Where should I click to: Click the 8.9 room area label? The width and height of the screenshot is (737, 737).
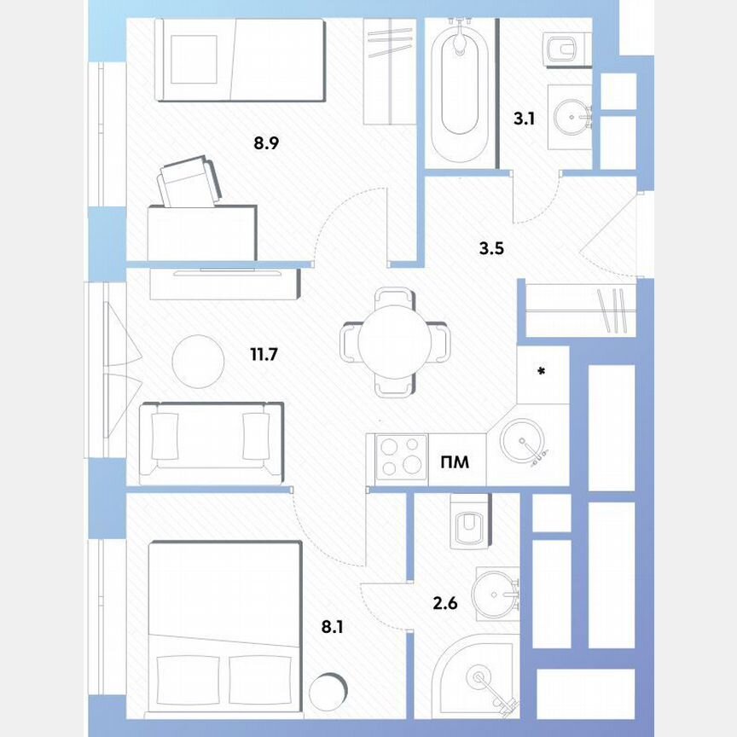click(266, 143)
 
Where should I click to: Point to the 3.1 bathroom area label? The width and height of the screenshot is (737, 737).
click(524, 119)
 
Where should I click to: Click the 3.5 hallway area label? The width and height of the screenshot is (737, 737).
click(491, 250)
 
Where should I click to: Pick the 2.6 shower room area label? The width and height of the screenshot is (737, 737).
click(445, 604)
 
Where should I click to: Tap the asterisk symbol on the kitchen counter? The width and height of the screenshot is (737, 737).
click(541, 371)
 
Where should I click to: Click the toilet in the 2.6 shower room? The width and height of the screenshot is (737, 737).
click(467, 522)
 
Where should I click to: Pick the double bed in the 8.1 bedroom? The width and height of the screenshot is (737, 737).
click(224, 627)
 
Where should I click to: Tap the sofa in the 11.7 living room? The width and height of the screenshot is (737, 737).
click(210, 440)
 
